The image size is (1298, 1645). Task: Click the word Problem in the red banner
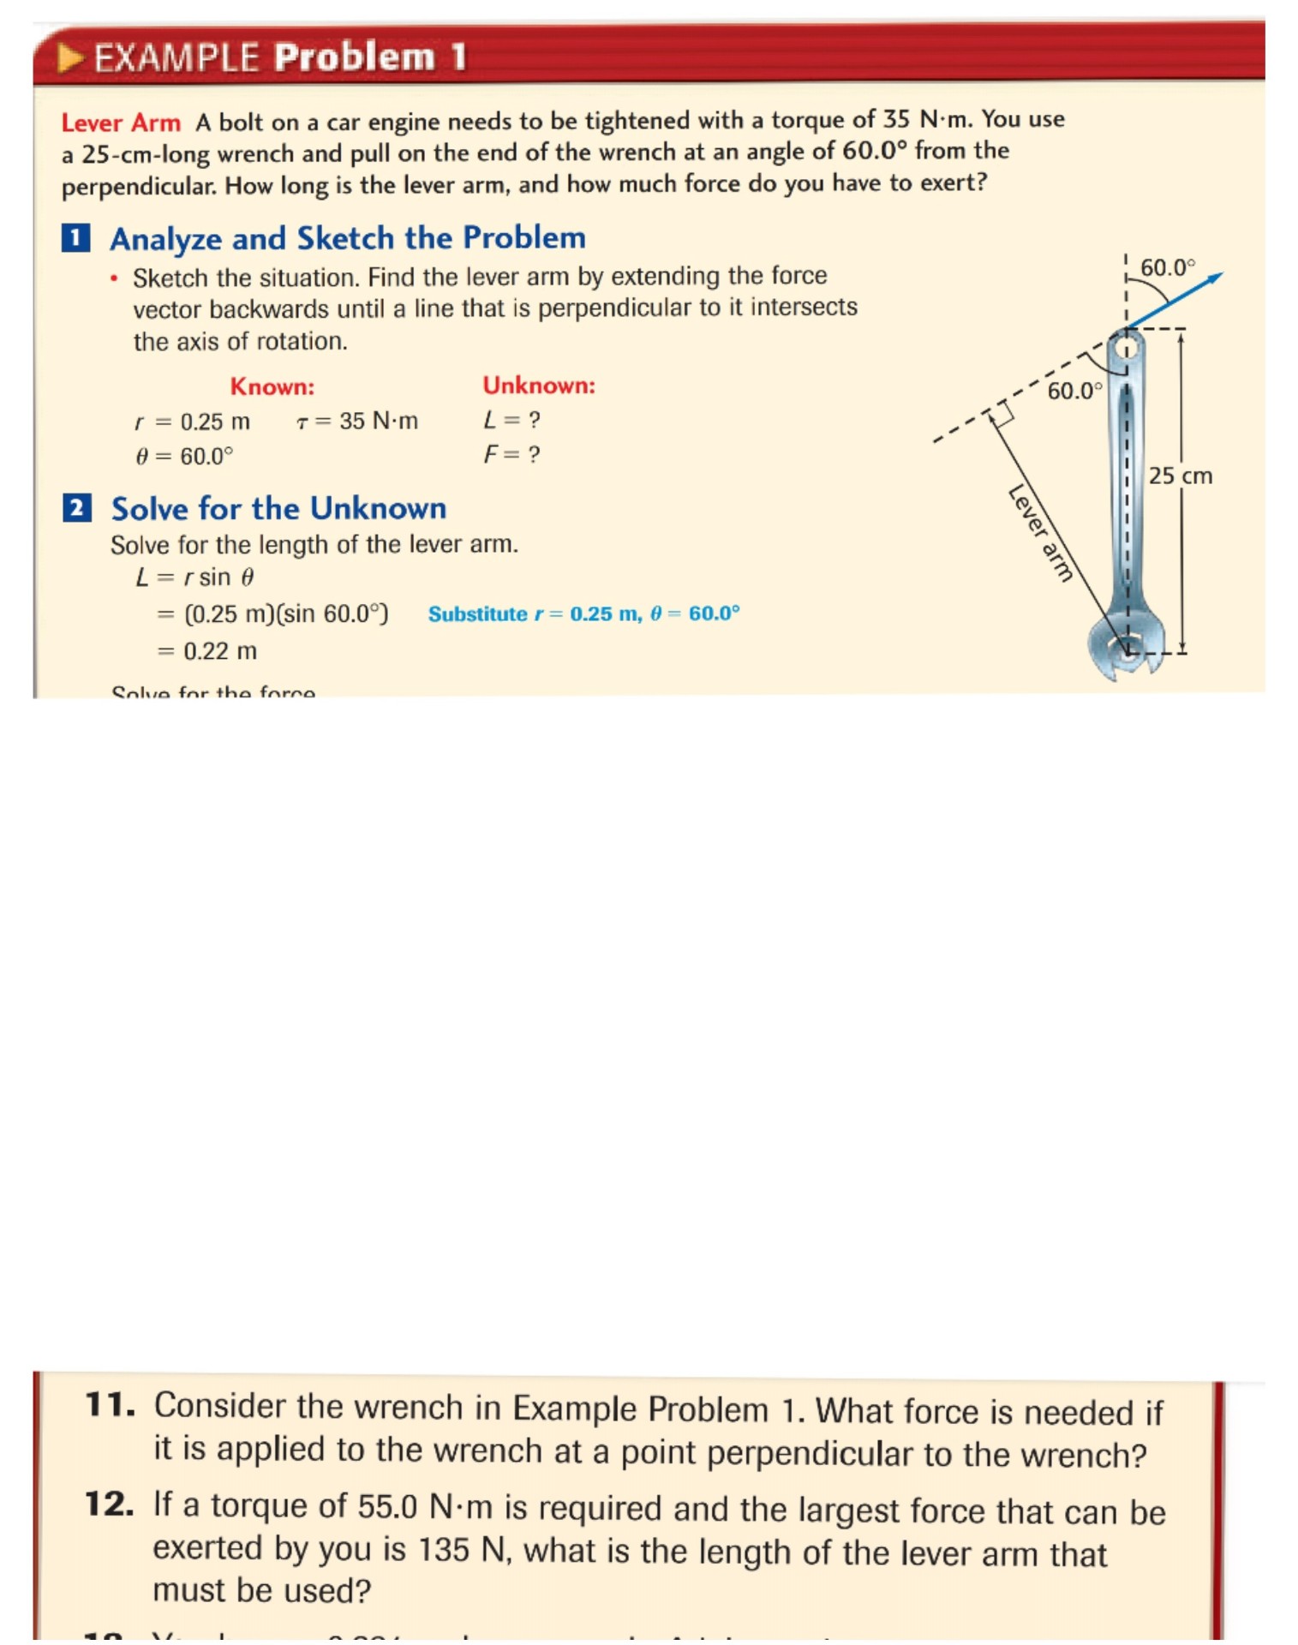[354, 57]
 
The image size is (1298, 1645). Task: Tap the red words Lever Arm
[121, 123]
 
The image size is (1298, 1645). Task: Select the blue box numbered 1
[76, 237]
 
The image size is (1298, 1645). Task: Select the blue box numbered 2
[76, 508]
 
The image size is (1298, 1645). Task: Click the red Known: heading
[272, 387]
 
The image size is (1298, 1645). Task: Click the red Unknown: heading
[538, 386]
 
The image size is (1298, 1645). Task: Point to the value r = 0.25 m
[192, 422]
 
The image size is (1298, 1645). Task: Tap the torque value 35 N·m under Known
[357, 421]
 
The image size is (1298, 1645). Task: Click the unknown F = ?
[511, 454]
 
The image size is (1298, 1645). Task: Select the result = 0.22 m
[207, 651]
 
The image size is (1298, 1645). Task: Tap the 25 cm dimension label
[1180, 476]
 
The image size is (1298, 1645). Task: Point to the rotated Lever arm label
[1040, 533]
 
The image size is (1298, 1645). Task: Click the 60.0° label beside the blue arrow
[1166, 268]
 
